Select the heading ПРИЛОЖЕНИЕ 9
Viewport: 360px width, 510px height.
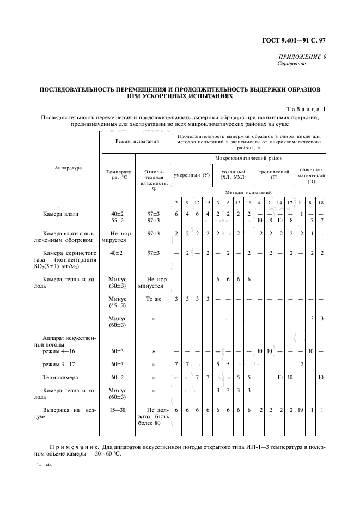[x=303, y=57]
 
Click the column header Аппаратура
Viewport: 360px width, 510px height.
[x=68, y=168]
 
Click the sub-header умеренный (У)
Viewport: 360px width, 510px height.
[x=191, y=175]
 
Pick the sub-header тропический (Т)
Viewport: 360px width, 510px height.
[x=274, y=175]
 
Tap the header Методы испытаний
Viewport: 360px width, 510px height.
[x=248, y=192]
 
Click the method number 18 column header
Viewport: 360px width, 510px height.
[x=321, y=203]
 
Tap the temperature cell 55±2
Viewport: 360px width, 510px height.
[x=118, y=220]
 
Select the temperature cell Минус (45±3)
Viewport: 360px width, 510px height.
[x=118, y=302]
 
